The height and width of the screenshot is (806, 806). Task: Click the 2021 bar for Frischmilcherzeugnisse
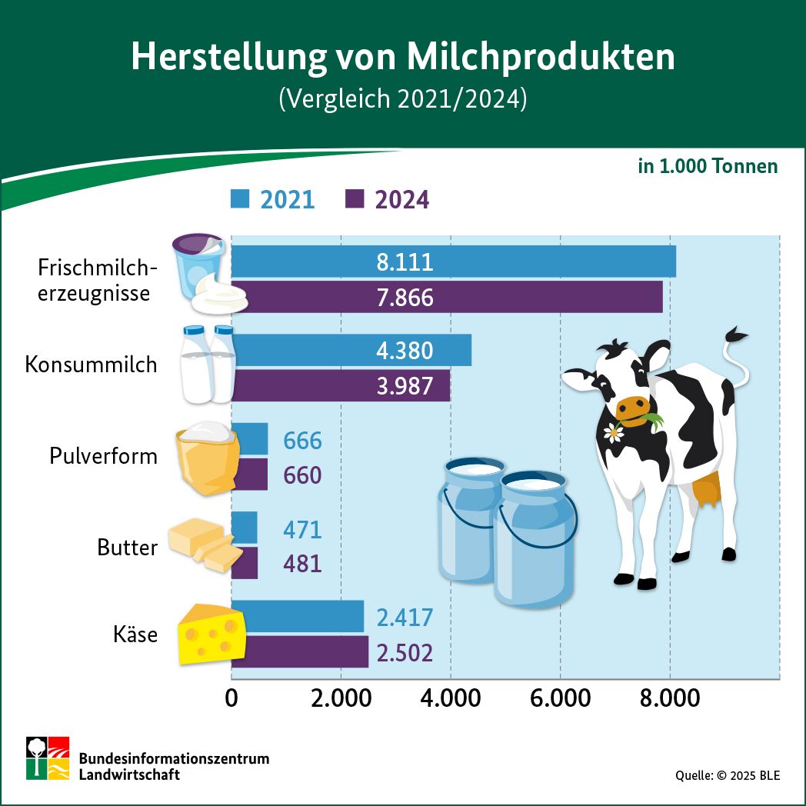click(x=454, y=261)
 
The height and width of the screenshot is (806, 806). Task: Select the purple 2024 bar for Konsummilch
click(x=341, y=385)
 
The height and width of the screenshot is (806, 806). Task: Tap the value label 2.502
click(x=405, y=653)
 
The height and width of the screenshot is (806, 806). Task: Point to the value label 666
click(x=302, y=441)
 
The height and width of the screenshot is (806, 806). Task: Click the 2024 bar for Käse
click(x=300, y=652)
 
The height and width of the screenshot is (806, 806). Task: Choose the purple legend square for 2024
click(x=355, y=198)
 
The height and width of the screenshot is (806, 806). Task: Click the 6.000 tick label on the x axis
click(x=560, y=698)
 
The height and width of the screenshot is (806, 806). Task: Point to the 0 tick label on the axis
click(x=231, y=698)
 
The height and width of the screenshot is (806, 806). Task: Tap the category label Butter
click(x=127, y=548)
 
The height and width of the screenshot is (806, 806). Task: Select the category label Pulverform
click(x=103, y=456)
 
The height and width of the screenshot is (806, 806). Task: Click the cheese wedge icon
click(x=211, y=634)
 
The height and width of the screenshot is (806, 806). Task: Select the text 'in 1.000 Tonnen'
click(x=708, y=166)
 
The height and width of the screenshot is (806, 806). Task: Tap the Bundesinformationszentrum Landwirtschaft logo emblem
click(x=48, y=758)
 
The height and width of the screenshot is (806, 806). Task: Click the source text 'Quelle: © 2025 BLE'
click(x=728, y=775)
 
